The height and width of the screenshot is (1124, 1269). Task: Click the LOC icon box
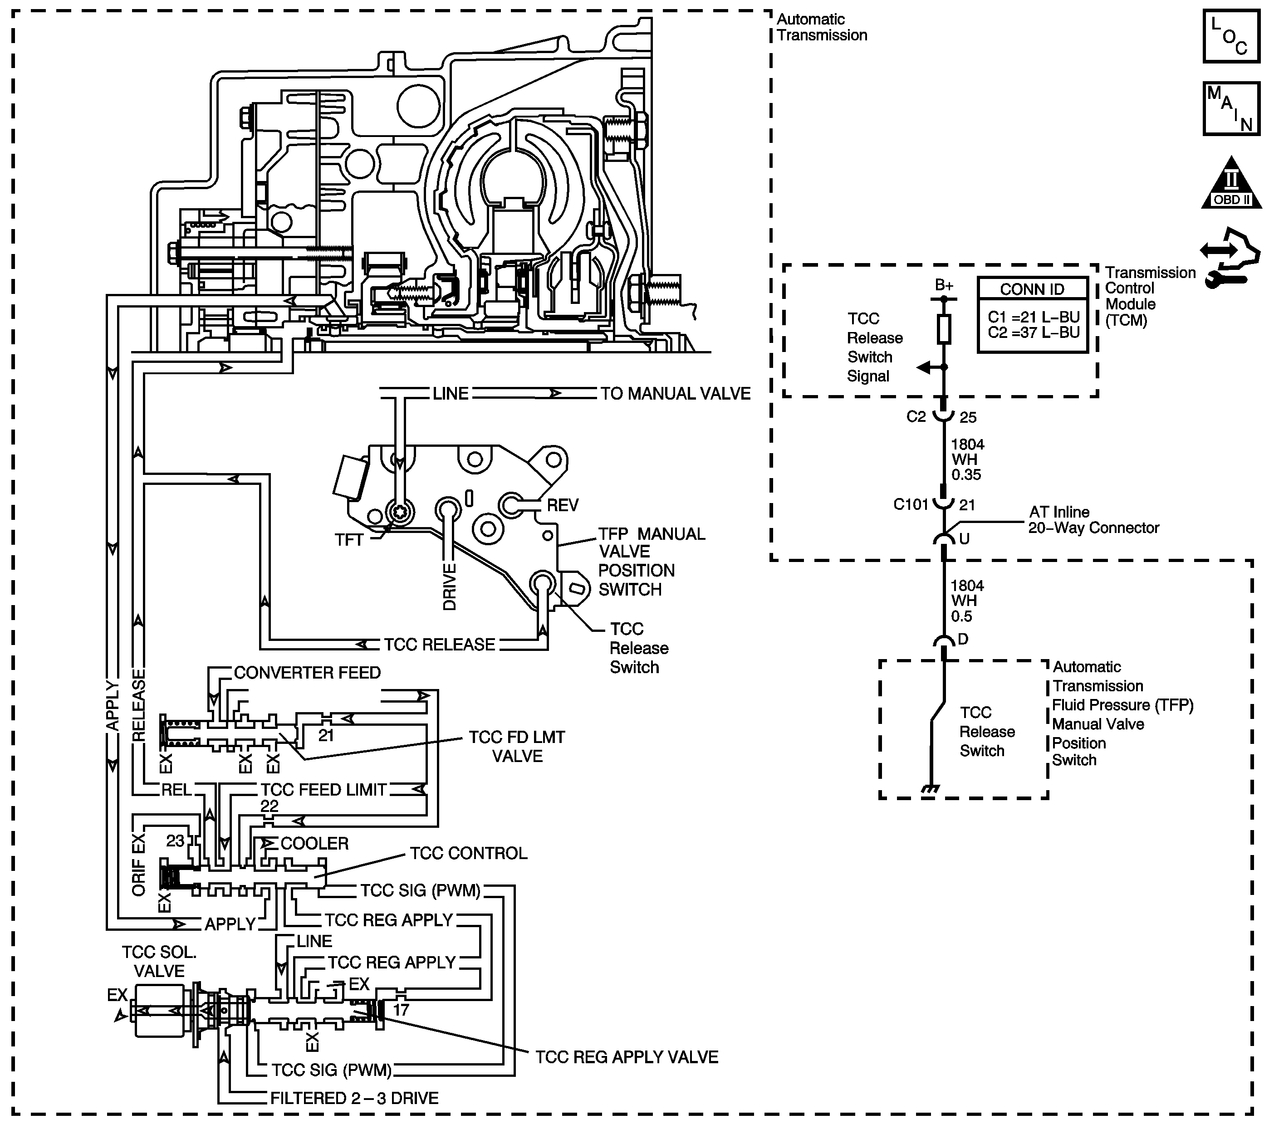click(1232, 36)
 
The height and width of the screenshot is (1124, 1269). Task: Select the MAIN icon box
click(1232, 108)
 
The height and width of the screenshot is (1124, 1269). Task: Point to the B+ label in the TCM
click(944, 285)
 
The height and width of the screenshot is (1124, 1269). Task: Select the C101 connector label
click(910, 504)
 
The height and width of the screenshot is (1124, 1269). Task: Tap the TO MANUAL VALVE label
click(676, 394)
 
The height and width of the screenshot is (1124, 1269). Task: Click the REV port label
click(563, 505)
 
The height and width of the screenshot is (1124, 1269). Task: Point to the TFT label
click(349, 540)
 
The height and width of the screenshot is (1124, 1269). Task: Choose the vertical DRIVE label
click(450, 586)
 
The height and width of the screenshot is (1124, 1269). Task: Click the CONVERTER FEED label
click(307, 673)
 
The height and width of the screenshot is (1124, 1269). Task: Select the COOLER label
click(314, 844)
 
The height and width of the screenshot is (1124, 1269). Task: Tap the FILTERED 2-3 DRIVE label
click(354, 1099)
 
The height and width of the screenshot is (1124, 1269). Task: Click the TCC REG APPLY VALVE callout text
click(627, 1057)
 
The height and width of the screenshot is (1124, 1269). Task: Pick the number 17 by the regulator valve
click(401, 1010)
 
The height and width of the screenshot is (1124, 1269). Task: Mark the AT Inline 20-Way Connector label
click(1094, 520)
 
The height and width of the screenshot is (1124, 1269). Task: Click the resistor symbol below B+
click(944, 329)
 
